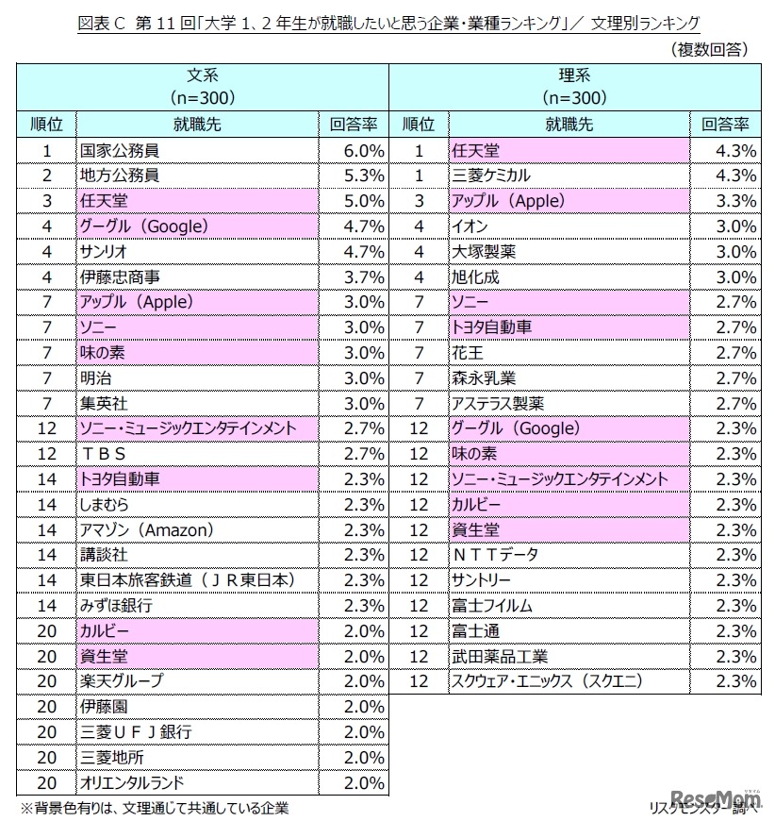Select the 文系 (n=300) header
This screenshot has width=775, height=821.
202,85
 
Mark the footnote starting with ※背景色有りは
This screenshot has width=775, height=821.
155,808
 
